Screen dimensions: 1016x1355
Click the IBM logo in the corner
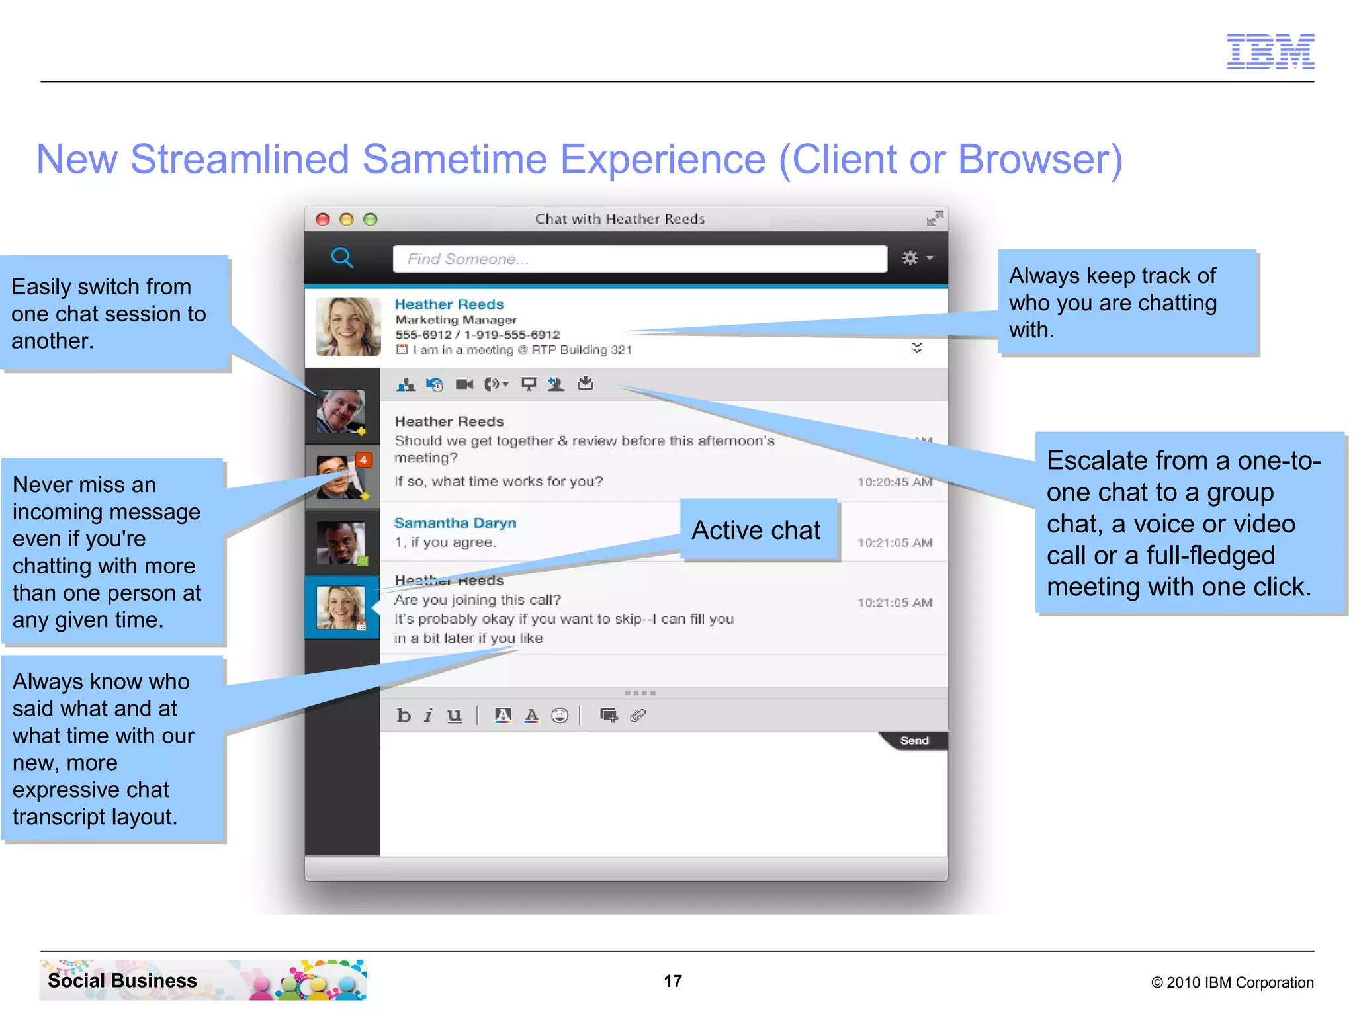[x=1270, y=51]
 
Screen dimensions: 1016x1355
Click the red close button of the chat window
[x=323, y=219]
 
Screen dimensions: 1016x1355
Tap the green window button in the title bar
[x=371, y=219]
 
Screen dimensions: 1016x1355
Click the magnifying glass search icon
[x=341, y=257]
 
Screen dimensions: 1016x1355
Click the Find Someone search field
[x=639, y=259]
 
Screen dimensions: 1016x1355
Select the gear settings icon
[x=910, y=257]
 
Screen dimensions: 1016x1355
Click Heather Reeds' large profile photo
[x=348, y=327]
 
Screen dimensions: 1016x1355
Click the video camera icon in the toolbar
[x=464, y=384]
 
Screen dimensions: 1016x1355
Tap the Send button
[x=914, y=741]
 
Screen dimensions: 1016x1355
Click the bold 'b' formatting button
[x=404, y=715]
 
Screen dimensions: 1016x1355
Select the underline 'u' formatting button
[x=454, y=715]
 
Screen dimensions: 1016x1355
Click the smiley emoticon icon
[x=560, y=715]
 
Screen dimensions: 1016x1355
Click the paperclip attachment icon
[x=638, y=715]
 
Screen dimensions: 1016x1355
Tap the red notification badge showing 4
[x=363, y=460]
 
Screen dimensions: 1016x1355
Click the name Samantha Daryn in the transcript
[x=455, y=523]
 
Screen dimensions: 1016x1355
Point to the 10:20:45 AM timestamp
[x=895, y=482]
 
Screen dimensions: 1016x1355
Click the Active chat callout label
[x=756, y=530]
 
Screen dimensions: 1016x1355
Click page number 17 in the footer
[x=673, y=981]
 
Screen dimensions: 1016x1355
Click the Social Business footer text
[x=122, y=980]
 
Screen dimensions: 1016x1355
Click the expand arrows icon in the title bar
[x=934, y=218]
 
